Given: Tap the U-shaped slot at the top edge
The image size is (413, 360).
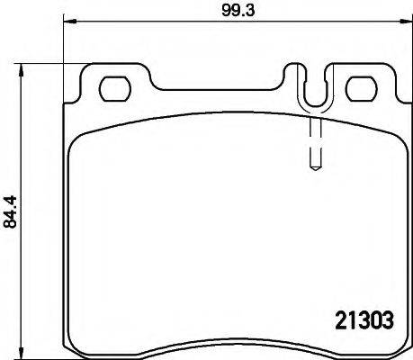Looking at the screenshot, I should (312, 90).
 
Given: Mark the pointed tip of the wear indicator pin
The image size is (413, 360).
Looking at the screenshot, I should (312, 167).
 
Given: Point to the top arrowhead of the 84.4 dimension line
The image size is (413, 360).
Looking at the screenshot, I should (25, 67).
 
